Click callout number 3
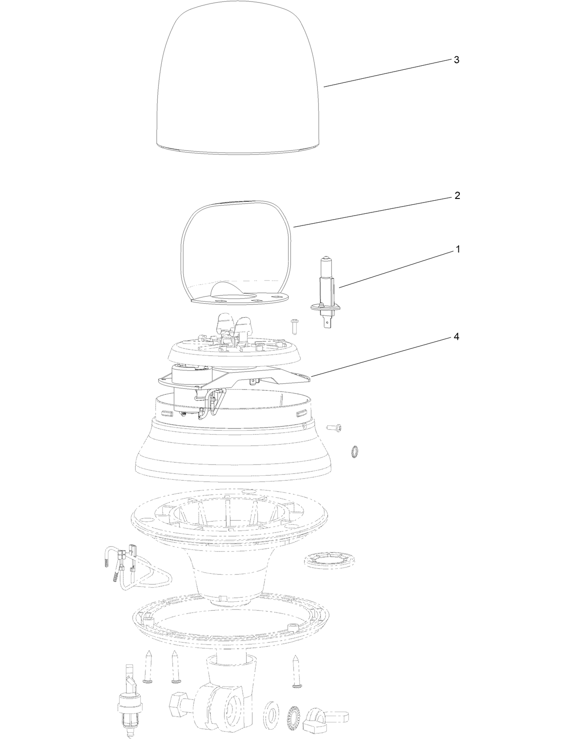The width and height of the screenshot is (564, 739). tap(456, 60)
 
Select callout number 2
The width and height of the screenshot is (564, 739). tap(457, 196)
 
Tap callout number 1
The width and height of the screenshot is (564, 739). tap(457, 249)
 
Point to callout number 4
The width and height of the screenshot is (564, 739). tap(456, 337)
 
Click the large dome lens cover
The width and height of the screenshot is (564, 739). tap(238, 81)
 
